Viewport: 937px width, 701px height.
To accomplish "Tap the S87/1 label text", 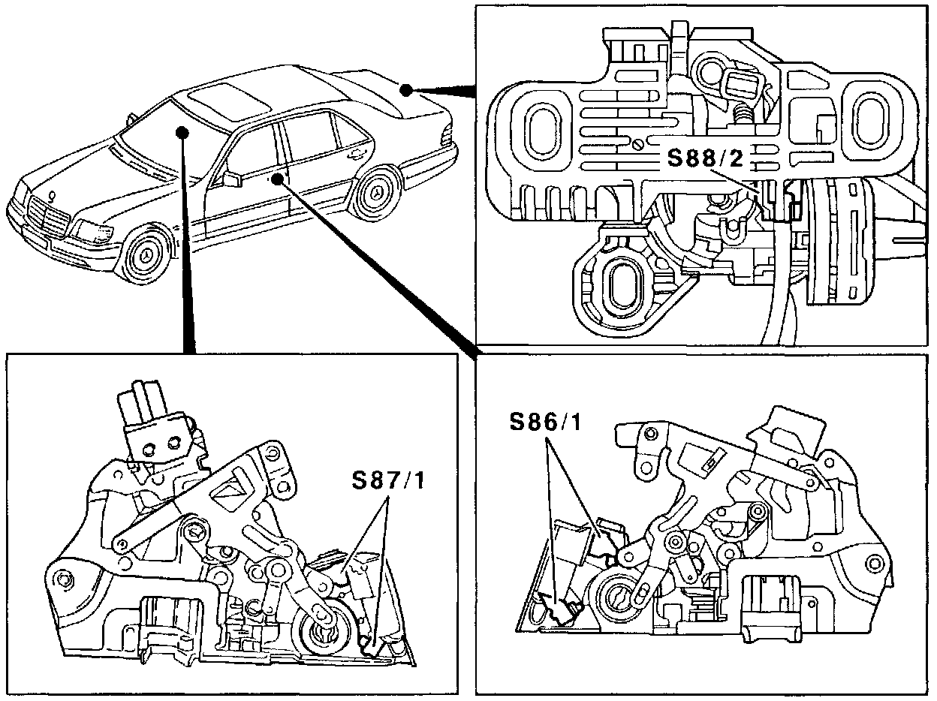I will pos(387,481).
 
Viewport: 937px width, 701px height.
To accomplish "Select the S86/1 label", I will pos(545,423).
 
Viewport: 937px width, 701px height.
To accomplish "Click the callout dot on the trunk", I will pos(405,90).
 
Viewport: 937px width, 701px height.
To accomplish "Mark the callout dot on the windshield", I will pos(181,132).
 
